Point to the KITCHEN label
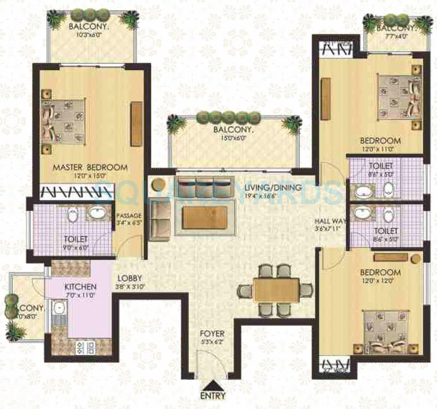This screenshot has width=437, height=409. point(80,287)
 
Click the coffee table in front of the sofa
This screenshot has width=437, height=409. point(206,217)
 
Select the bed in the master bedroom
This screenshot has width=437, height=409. point(64,121)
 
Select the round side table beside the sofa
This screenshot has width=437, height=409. point(157,185)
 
